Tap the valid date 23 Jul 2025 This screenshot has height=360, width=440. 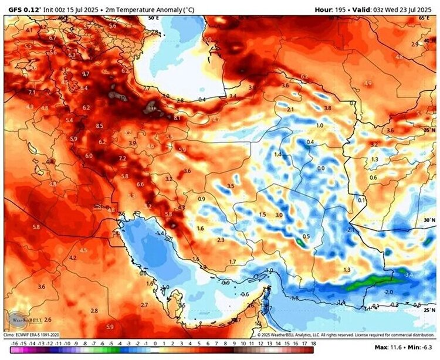tap(413, 10)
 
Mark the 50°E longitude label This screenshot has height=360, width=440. tap(154, 18)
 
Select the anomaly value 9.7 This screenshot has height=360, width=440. tap(86, 74)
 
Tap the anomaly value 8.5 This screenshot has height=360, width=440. tap(100, 125)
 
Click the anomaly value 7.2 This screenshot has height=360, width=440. tap(122, 159)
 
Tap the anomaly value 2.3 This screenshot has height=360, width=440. tap(221, 240)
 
